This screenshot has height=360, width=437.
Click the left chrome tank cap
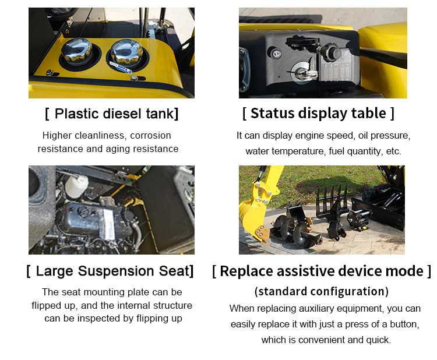pyautogui.click(x=77, y=52)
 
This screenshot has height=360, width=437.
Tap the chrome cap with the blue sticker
pyautogui.click(x=127, y=53)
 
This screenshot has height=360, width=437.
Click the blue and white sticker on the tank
pyautogui.click(x=121, y=67)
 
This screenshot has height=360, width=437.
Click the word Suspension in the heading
pyautogui.click(x=116, y=271)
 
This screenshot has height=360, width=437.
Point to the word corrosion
pyautogui.click(x=150, y=135)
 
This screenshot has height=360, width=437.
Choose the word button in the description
pyautogui.click(x=404, y=324)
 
